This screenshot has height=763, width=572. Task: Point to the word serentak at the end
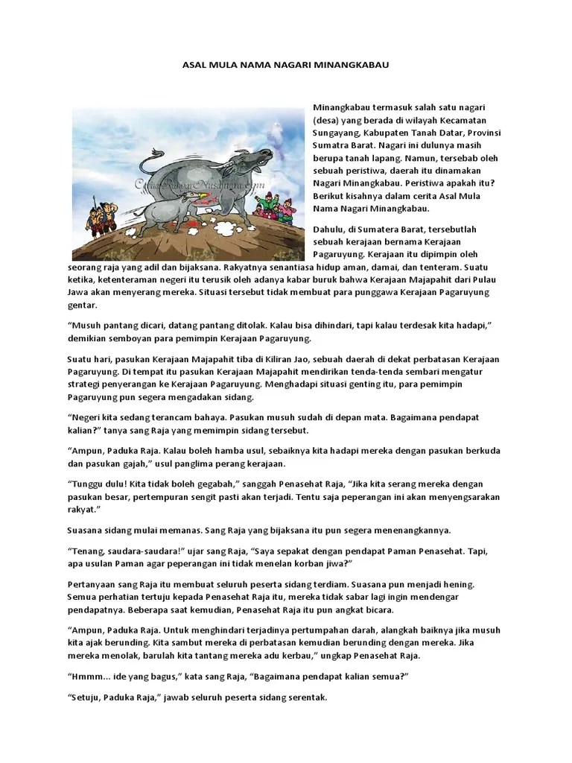[305, 698]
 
